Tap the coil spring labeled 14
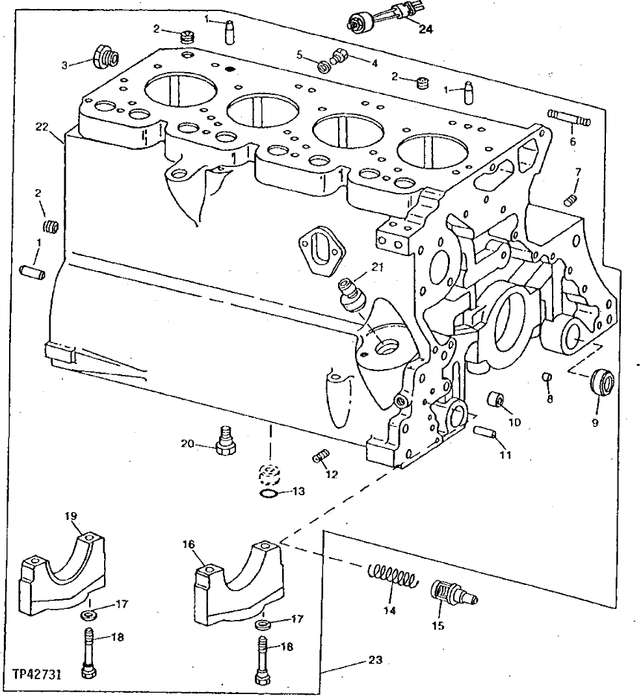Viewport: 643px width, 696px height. (x=391, y=576)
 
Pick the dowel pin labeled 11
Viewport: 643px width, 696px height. (x=485, y=431)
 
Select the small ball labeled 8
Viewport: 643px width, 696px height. (x=547, y=377)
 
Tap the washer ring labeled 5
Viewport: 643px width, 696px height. (x=322, y=66)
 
